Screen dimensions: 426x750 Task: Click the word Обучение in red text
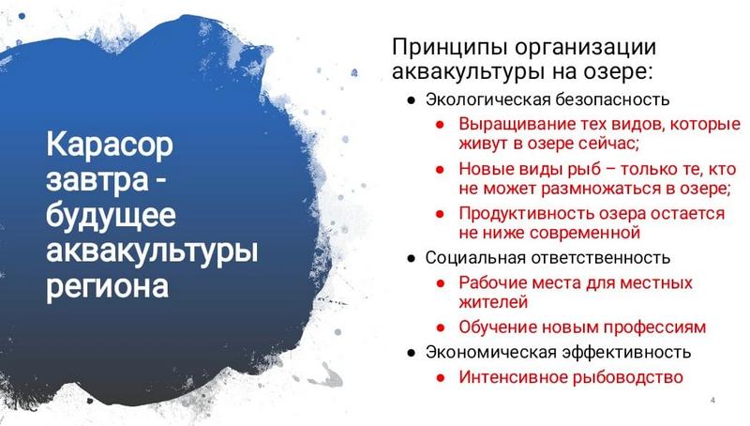pyautogui.click(x=498, y=327)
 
